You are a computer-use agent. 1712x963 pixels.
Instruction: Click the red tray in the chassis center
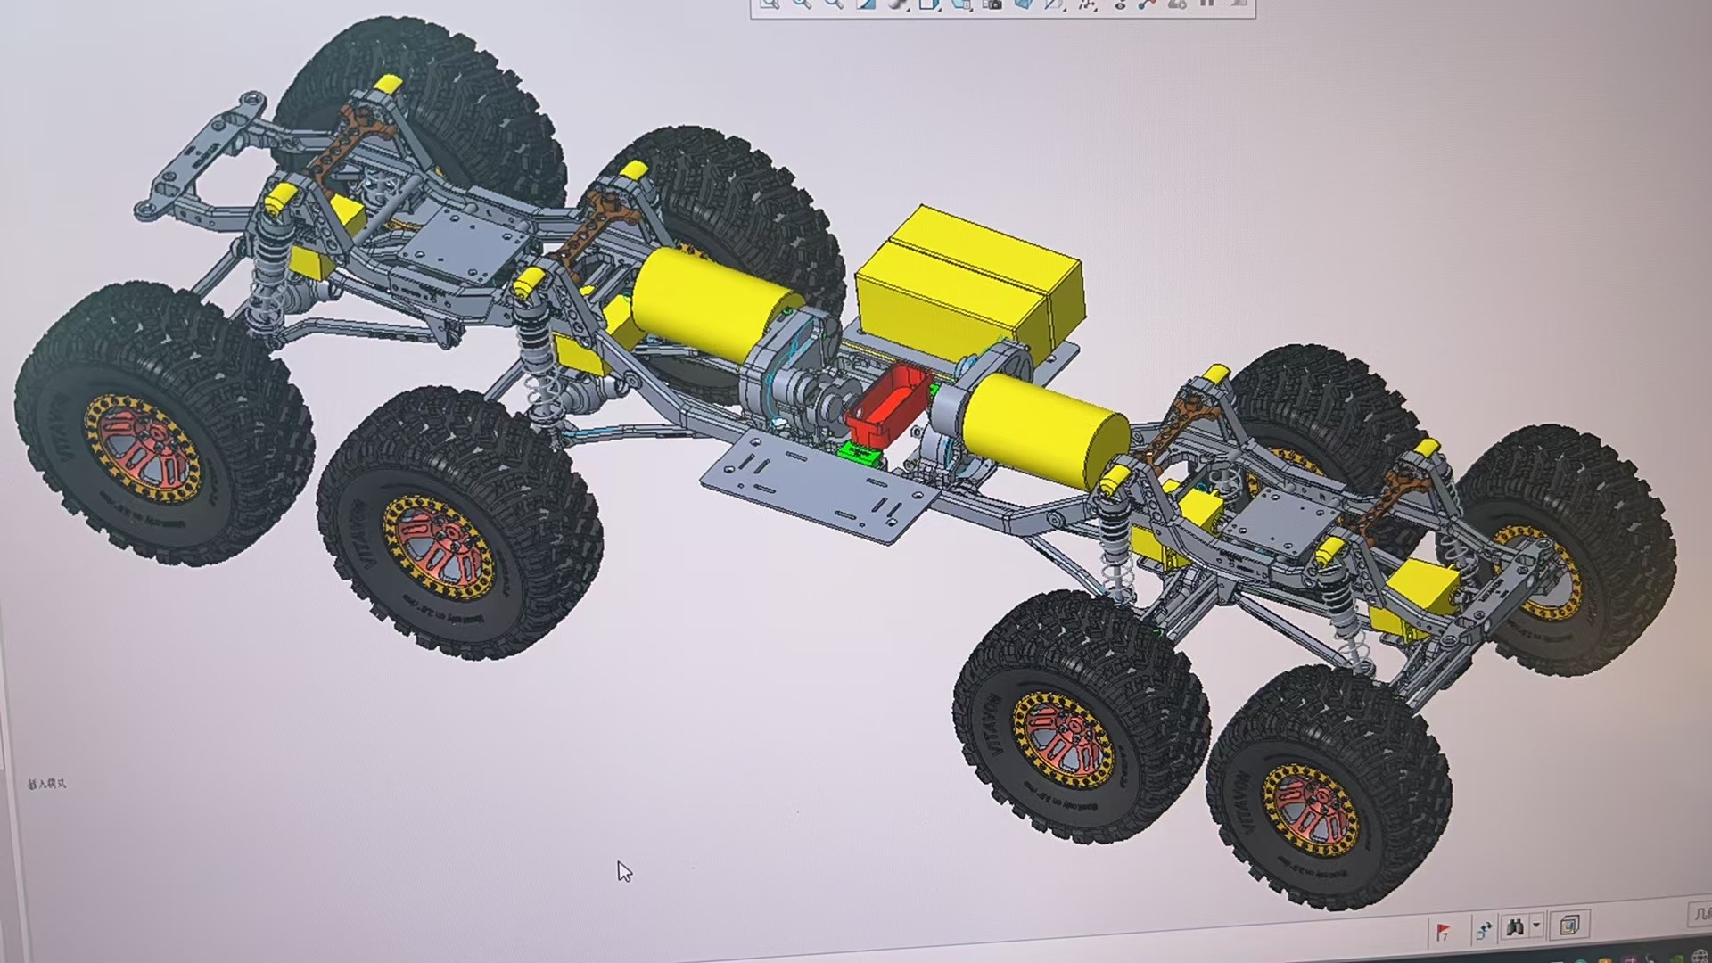887,406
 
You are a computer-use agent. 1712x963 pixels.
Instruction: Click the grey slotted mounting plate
816,481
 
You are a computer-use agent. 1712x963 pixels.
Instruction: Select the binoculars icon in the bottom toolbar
1514,927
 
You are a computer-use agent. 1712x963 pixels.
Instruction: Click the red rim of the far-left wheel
143,446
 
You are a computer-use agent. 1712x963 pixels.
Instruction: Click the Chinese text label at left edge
46,784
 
